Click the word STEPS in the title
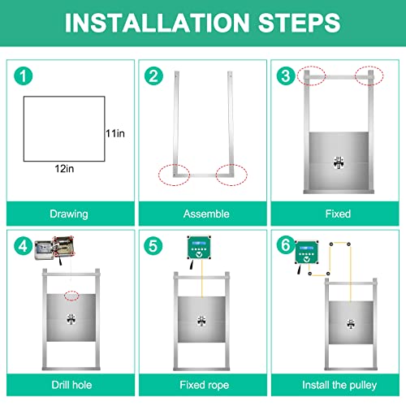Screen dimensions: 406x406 (x=299, y=23)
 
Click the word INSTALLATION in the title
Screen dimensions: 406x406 (x=157, y=23)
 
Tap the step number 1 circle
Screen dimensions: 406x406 (x=24, y=76)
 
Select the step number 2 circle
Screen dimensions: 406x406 (x=153, y=76)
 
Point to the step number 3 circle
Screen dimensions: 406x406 (x=286, y=76)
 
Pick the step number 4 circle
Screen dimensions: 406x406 (x=23, y=246)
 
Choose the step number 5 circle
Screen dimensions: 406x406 (x=153, y=246)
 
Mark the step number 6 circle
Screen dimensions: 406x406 (x=286, y=245)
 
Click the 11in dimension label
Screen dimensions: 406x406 (x=115, y=133)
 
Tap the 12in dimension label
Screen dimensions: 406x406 (x=64, y=169)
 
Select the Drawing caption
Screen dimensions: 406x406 (x=69, y=214)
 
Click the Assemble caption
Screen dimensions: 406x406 (x=206, y=214)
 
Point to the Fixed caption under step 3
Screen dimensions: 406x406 (x=338, y=214)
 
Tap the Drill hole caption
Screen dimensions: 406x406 (x=71, y=385)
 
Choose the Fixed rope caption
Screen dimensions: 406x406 (x=205, y=385)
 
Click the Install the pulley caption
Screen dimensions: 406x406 (x=339, y=385)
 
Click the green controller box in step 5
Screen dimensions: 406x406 (x=199, y=248)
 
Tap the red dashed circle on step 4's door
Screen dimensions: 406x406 (x=71, y=296)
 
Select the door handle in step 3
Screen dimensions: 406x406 (x=339, y=162)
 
